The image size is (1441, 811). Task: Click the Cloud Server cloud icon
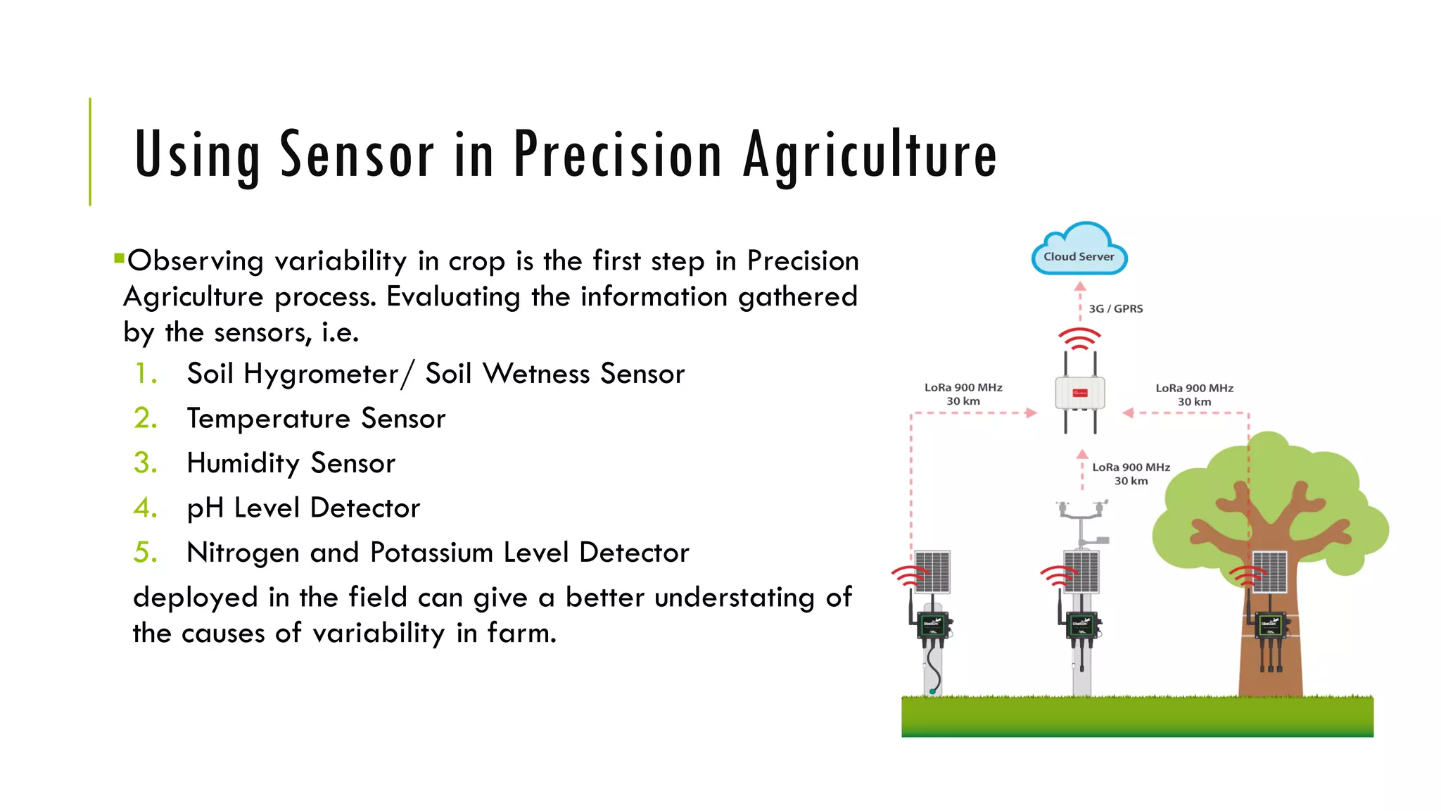tap(1079, 251)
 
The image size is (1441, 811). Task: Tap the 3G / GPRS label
tap(1115, 309)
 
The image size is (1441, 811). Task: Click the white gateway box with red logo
tap(1080, 393)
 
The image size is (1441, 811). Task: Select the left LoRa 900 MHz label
tap(963, 394)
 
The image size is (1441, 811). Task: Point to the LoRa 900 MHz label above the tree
tap(1194, 395)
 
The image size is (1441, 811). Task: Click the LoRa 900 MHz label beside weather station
tap(1131, 474)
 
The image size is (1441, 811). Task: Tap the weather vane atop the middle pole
tap(1082, 510)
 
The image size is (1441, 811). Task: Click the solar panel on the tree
tap(1270, 571)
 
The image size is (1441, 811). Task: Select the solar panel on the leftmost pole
tap(932, 571)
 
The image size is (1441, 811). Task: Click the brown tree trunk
tap(1270, 669)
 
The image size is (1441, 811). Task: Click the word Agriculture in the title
tap(870, 155)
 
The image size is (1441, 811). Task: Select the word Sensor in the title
tap(357, 155)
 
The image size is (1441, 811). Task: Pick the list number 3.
tap(145, 463)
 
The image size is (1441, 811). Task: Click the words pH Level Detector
tap(303, 508)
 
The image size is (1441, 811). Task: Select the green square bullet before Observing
tap(119, 258)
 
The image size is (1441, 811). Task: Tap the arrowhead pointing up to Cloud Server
tap(1081, 287)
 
